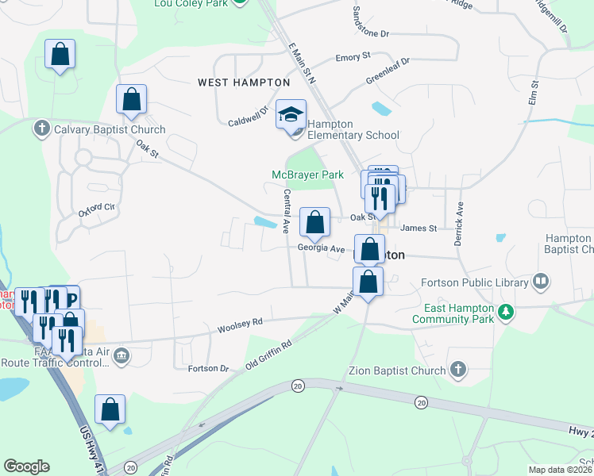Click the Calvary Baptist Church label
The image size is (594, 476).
pyautogui.click(x=109, y=129)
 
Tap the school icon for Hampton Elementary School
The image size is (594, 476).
pyautogui.click(x=291, y=116)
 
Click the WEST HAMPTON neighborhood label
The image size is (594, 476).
pyautogui.click(x=243, y=83)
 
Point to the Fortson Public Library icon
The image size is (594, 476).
pyautogui.click(x=541, y=282)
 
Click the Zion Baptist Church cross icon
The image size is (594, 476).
pyautogui.click(x=457, y=370)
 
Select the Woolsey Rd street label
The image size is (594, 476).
pyautogui.click(x=240, y=324)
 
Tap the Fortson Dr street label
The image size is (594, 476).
pyautogui.click(x=208, y=369)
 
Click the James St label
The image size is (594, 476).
pyautogui.click(x=418, y=228)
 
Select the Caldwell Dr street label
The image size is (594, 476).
pyautogui.click(x=249, y=119)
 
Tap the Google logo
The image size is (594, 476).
pyautogui.click(x=26, y=466)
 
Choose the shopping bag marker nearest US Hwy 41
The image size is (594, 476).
pyautogui.click(x=110, y=409)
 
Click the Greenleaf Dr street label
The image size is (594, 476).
pyautogui.click(x=388, y=71)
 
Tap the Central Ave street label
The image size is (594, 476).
pyautogui.click(x=285, y=211)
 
